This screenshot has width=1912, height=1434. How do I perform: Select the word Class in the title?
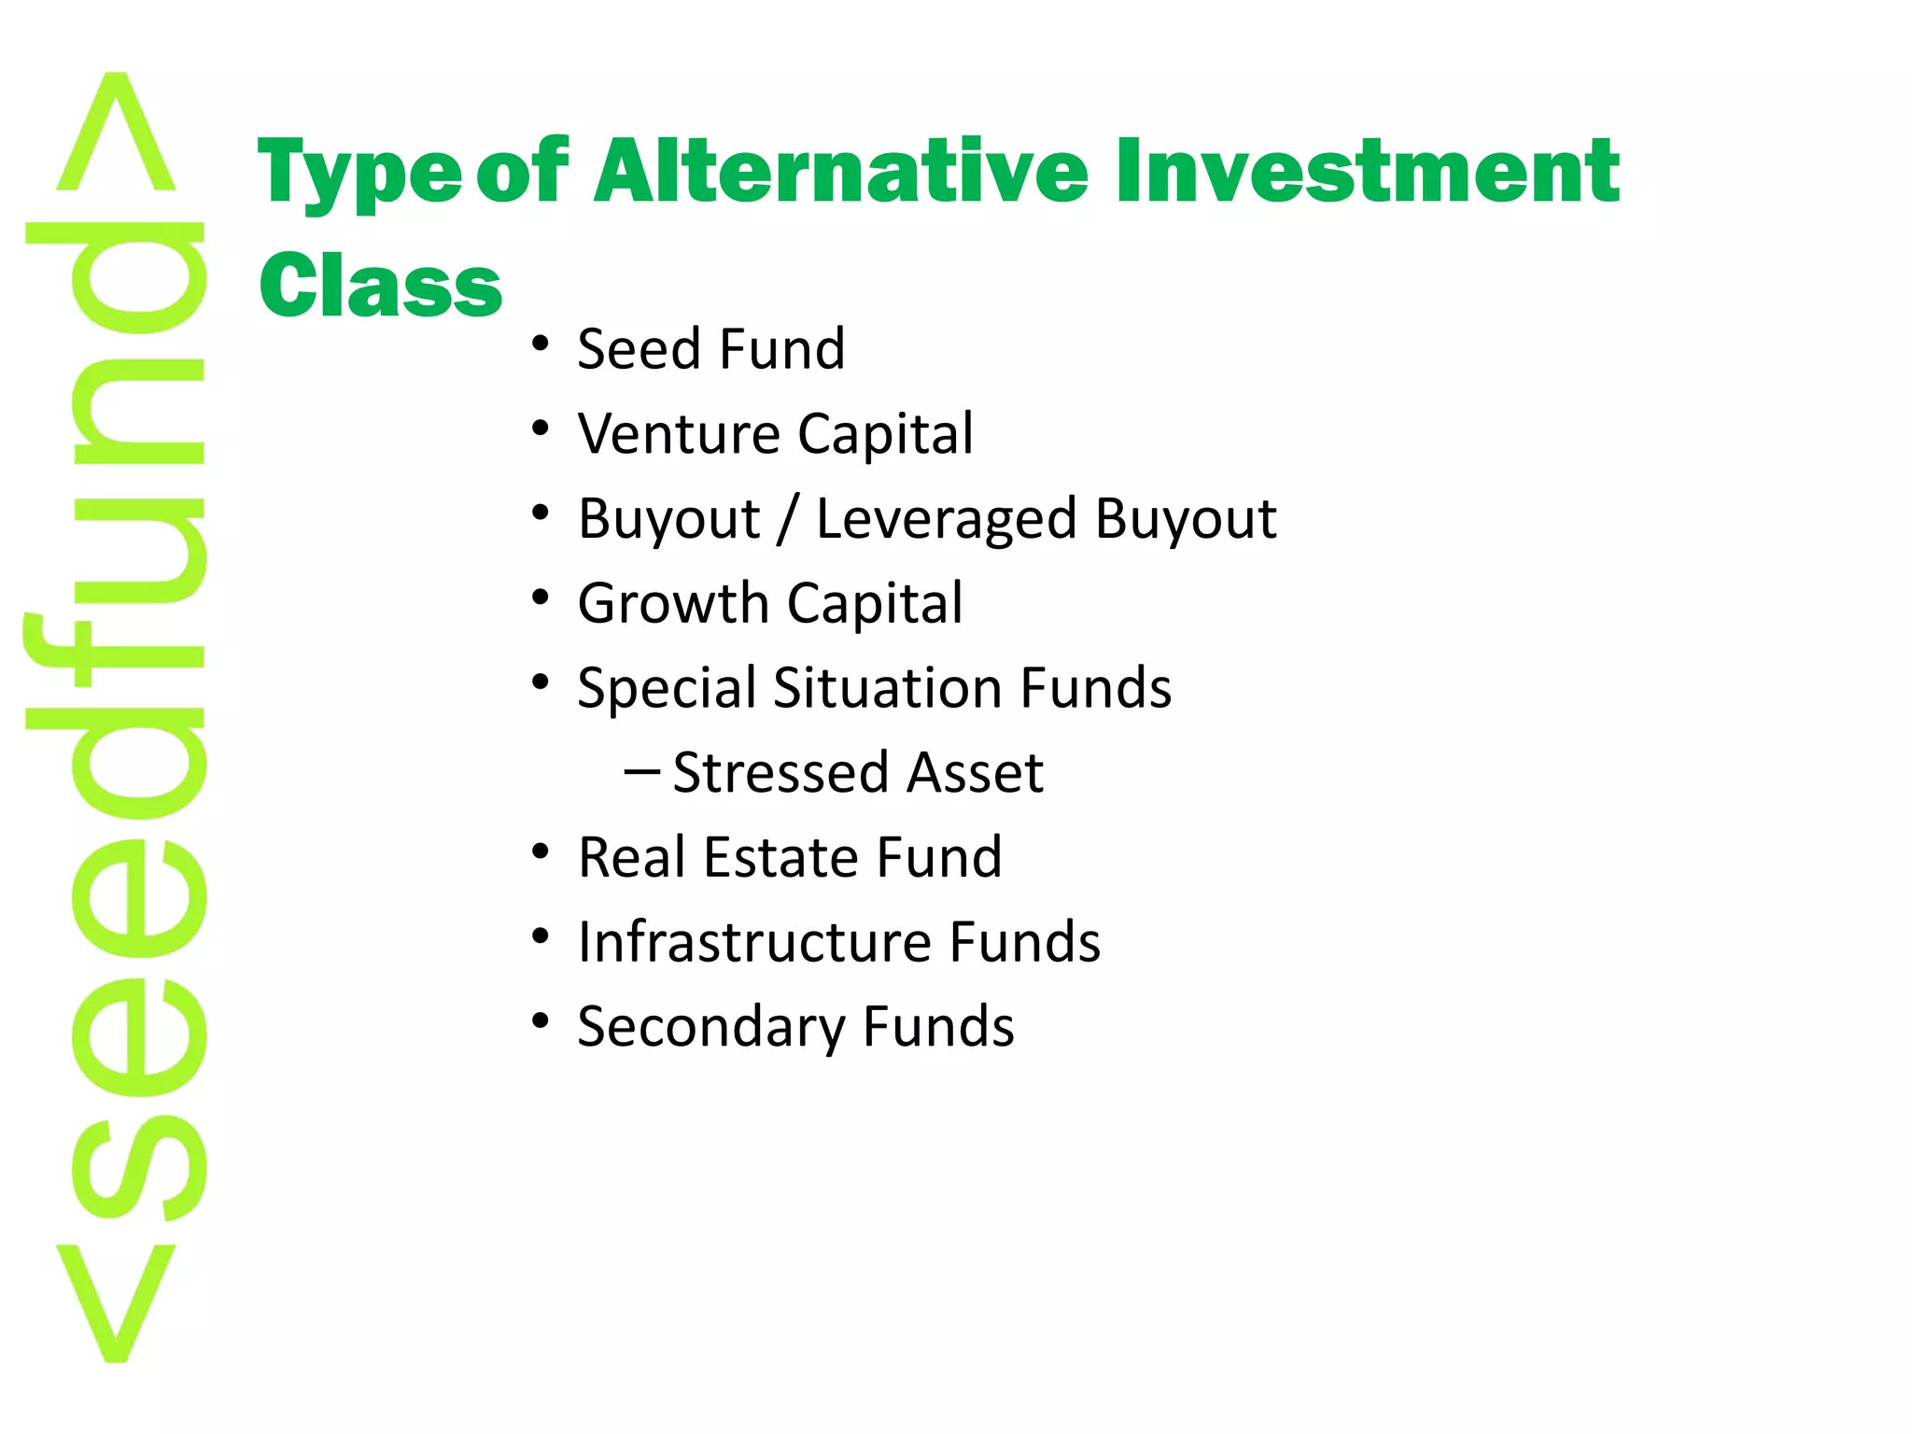pos(380,284)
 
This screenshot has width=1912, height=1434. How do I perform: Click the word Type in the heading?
pos(359,174)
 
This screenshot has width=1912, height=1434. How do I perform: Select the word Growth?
pos(672,603)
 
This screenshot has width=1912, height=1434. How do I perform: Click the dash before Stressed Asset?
pos(641,772)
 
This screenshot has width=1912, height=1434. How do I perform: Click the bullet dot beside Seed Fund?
pos(541,344)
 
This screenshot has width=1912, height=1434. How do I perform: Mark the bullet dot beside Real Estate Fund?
pos(541,851)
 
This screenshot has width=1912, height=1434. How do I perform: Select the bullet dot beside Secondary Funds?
pos(541,1020)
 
